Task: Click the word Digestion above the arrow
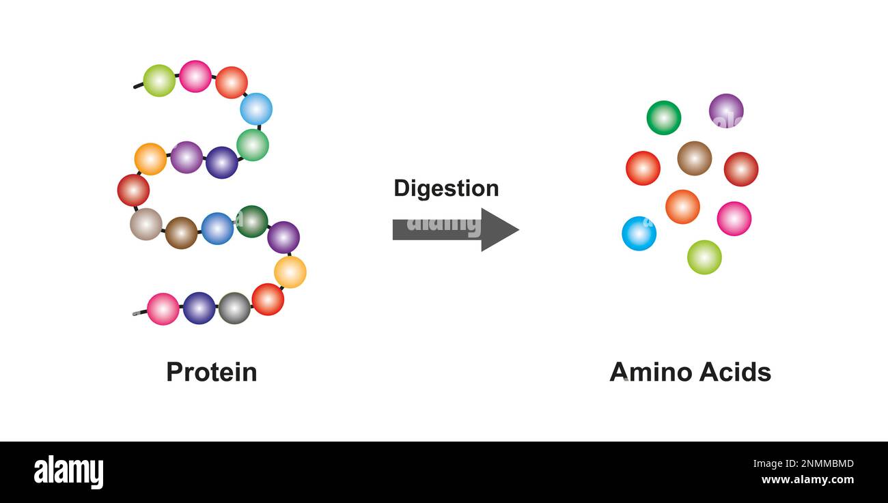(446, 188)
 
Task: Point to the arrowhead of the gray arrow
(500, 229)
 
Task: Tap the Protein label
(212, 372)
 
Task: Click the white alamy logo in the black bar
(68, 472)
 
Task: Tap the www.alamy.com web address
(806, 480)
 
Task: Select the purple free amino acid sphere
(726, 111)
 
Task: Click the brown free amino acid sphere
(694, 158)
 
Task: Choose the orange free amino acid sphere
(682, 207)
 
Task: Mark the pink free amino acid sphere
(734, 218)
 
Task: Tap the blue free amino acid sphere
(639, 233)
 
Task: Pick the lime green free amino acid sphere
(704, 257)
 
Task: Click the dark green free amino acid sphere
(663, 117)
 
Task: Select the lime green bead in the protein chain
(159, 81)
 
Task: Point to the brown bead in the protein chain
(181, 233)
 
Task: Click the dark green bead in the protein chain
(251, 221)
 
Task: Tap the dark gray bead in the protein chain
(234, 308)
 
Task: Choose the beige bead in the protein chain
(146, 224)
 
